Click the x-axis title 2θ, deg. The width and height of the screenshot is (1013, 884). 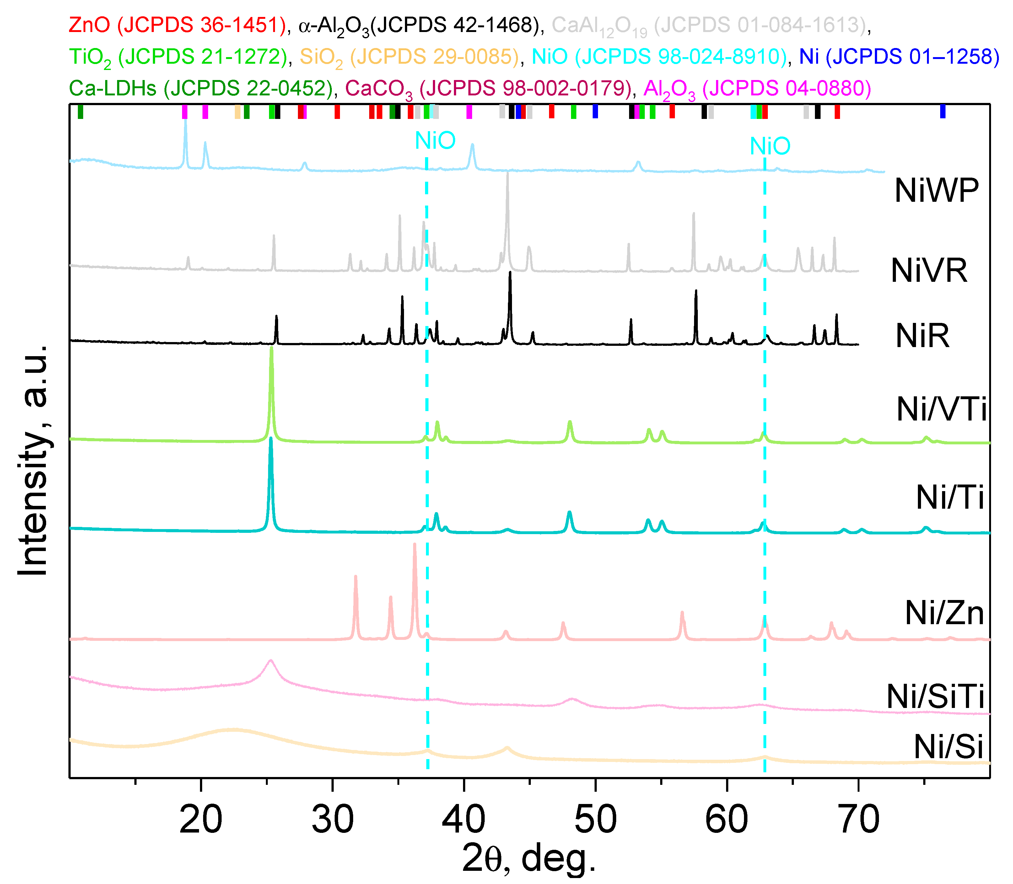529,858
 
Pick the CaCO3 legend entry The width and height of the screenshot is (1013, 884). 488,89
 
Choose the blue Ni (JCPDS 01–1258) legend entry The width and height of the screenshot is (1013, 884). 899,57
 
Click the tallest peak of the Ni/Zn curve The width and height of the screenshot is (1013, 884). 414,544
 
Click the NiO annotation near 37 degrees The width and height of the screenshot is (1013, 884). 435,141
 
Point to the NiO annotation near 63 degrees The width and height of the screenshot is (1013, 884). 770,147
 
